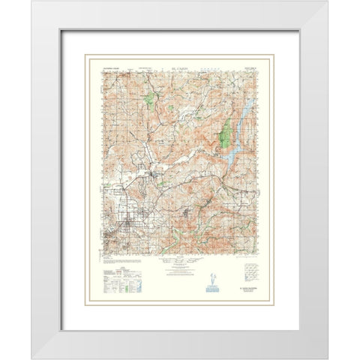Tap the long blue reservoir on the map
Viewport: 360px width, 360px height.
click(x=238, y=132)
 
